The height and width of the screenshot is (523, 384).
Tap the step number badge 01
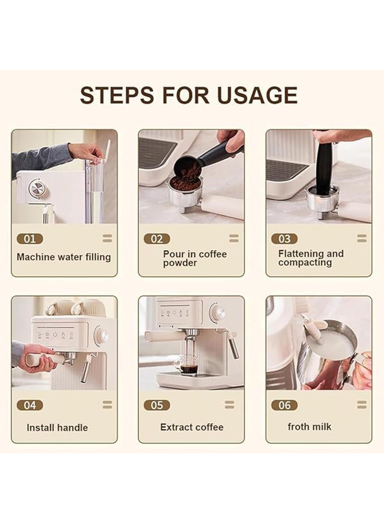click(30, 239)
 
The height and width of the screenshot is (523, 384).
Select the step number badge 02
click(157, 239)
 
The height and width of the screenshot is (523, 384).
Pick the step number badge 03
click(284, 239)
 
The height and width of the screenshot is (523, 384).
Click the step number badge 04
click(30, 405)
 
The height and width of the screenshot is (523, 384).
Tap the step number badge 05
click(157, 405)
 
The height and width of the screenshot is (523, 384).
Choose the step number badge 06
click(284, 405)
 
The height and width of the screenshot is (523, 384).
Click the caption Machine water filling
click(64, 257)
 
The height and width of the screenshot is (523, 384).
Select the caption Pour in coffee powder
click(194, 258)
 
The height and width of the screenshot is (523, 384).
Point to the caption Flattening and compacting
click(311, 258)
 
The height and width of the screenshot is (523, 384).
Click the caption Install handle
click(57, 428)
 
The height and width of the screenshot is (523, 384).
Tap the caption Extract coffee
click(192, 427)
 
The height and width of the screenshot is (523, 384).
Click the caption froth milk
click(310, 427)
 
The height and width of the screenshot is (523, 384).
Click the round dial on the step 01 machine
click(37, 188)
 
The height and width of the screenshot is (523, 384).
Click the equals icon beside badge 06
click(361, 405)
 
